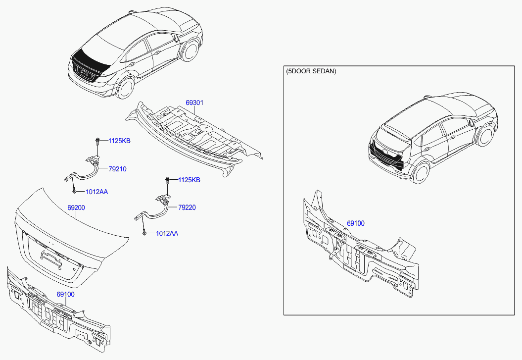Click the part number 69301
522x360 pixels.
[x=194, y=103]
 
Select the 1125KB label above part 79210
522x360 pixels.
[x=120, y=141]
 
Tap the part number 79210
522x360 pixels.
[x=118, y=169]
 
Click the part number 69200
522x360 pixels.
[x=76, y=208]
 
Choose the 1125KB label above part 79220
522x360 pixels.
[x=189, y=180]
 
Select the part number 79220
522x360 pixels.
[x=187, y=207]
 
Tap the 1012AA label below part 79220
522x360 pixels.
[x=167, y=233]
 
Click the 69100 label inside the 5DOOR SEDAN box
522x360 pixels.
[x=355, y=224]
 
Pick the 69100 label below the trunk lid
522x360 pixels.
[x=65, y=294]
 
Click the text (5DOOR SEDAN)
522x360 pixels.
[x=311, y=71]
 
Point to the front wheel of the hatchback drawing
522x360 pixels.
[x=486, y=134]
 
